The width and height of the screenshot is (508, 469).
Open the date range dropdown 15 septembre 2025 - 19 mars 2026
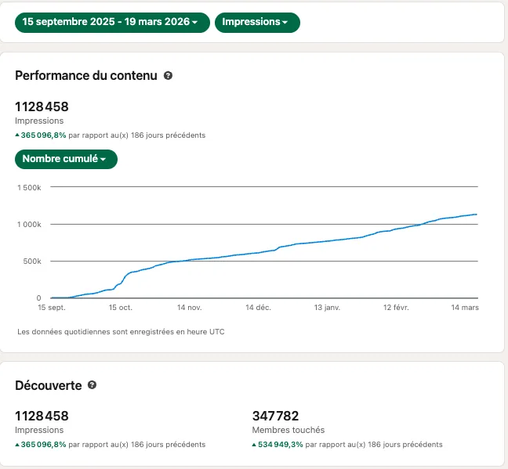click(x=112, y=23)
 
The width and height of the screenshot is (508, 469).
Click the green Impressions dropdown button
click(x=257, y=23)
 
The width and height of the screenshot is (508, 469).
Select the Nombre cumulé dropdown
click(x=66, y=159)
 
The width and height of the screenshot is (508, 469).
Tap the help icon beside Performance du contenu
click(x=168, y=75)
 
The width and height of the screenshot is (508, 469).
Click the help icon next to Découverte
click(x=92, y=385)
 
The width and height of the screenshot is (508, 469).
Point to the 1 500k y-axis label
click(x=29, y=188)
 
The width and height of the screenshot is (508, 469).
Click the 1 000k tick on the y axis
click(x=29, y=225)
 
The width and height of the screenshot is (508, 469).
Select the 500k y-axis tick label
click(x=32, y=262)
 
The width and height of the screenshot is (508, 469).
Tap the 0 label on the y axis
click(x=39, y=298)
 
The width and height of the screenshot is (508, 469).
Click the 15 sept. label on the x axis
click(x=52, y=308)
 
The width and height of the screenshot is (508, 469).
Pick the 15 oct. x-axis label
click(x=121, y=308)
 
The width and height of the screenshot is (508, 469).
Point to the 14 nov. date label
click(x=190, y=308)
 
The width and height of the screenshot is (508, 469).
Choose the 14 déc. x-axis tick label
click(x=258, y=308)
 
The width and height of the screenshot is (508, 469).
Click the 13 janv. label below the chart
click(x=327, y=308)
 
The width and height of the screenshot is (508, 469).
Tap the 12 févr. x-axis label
click(x=396, y=308)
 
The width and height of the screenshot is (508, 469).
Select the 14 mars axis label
click(x=465, y=308)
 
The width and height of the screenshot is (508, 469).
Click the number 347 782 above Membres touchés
click(x=275, y=416)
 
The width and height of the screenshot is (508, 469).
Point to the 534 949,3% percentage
click(x=280, y=445)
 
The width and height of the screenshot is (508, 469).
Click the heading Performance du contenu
click(x=86, y=76)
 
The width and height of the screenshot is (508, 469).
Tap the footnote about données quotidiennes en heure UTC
click(x=121, y=332)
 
